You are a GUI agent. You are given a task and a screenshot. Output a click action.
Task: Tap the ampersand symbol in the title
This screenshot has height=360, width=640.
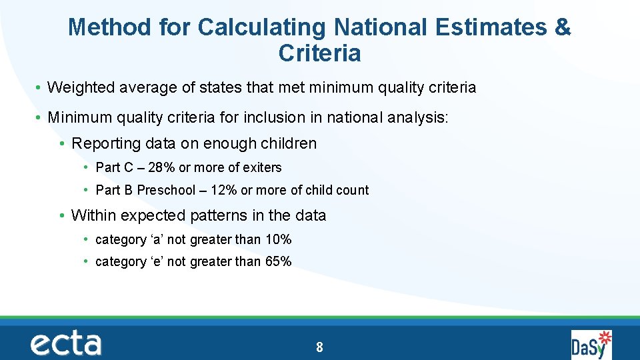(x=562, y=27)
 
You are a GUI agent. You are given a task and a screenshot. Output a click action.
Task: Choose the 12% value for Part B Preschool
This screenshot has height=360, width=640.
(x=223, y=190)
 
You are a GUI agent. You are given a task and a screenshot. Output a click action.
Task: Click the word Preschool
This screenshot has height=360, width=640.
(x=165, y=190)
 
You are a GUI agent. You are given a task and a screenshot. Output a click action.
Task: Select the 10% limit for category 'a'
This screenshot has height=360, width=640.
(x=278, y=239)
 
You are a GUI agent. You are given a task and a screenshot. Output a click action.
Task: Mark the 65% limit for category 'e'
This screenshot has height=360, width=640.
(x=278, y=261)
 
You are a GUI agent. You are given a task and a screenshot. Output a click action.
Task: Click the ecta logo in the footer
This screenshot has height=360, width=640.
(x=66, y=344)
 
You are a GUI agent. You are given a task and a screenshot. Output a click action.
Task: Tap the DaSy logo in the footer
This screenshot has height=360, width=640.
(x=591, y=344)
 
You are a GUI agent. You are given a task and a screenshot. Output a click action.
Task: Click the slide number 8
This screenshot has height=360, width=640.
(x=320, y=347)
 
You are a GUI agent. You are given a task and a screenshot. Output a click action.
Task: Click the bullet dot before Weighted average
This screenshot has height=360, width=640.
(x=39, y=88)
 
